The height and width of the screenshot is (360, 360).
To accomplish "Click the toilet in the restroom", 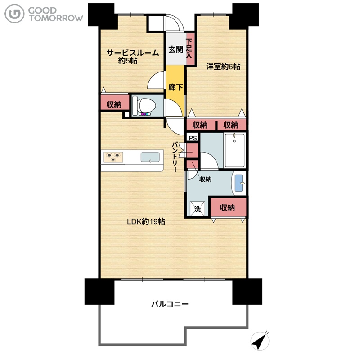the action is pos(144,106).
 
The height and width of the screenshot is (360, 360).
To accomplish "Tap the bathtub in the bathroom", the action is pos(234,151).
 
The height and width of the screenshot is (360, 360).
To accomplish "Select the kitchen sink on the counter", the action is pos(150,157).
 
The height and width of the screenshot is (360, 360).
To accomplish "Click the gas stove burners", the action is pos(113,157).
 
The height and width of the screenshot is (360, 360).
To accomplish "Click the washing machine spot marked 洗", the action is pos(198,209).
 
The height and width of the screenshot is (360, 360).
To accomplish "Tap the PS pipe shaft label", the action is pos(193,138).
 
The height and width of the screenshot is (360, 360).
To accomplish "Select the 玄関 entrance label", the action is pos(175,49).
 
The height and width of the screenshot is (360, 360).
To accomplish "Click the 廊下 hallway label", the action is pos(175,87).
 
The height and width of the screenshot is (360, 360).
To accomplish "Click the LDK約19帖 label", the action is pos(146,221).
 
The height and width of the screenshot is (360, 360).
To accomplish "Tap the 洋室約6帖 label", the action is pos(223,67).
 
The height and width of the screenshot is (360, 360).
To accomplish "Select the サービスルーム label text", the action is pos(133,53).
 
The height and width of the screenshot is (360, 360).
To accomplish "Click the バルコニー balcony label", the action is pos(170,304).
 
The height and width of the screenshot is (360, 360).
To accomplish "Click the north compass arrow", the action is pos(260,341).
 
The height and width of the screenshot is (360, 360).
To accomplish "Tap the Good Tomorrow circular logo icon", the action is pos(14,14).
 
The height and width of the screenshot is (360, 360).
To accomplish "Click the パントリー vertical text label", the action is pos(175,157).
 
